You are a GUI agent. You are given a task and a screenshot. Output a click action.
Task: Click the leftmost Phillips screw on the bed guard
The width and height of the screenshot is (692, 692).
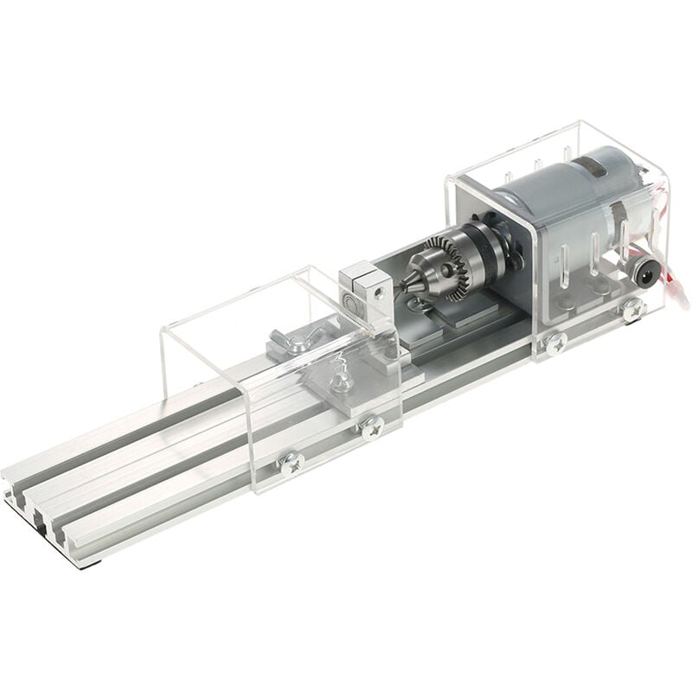[289, 465]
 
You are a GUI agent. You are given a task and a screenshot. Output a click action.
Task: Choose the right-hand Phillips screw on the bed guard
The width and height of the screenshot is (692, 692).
[375, 425]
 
